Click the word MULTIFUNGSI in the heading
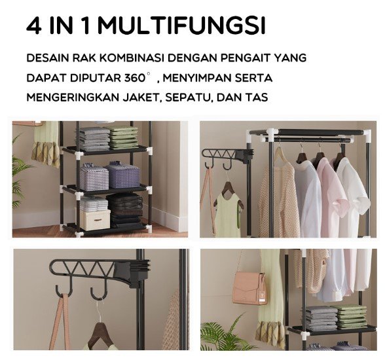click(183, 26)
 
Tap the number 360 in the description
click(135, 78)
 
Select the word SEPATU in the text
click(188, 98)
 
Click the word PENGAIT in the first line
click(246, 58)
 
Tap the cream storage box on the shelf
click(95, 220)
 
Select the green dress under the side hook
click(227, 213)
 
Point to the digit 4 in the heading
click(33, 26)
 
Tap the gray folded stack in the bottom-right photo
click(320, 317)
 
